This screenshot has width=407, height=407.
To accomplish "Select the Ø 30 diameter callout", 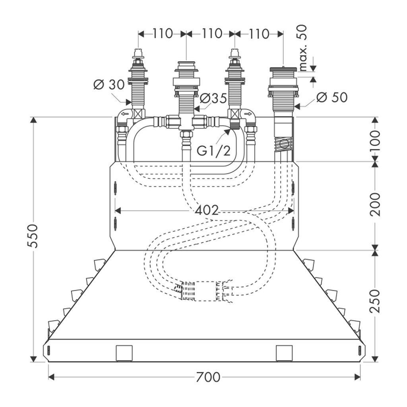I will (x=109, y=85).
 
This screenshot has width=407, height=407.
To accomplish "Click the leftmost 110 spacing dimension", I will (x=163, y=34).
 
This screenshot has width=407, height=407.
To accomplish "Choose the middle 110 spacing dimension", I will (x=211, y=34).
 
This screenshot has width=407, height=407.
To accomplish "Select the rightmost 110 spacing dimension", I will (x=259, y=34).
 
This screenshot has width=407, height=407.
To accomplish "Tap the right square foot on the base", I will (x=284, y=353).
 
